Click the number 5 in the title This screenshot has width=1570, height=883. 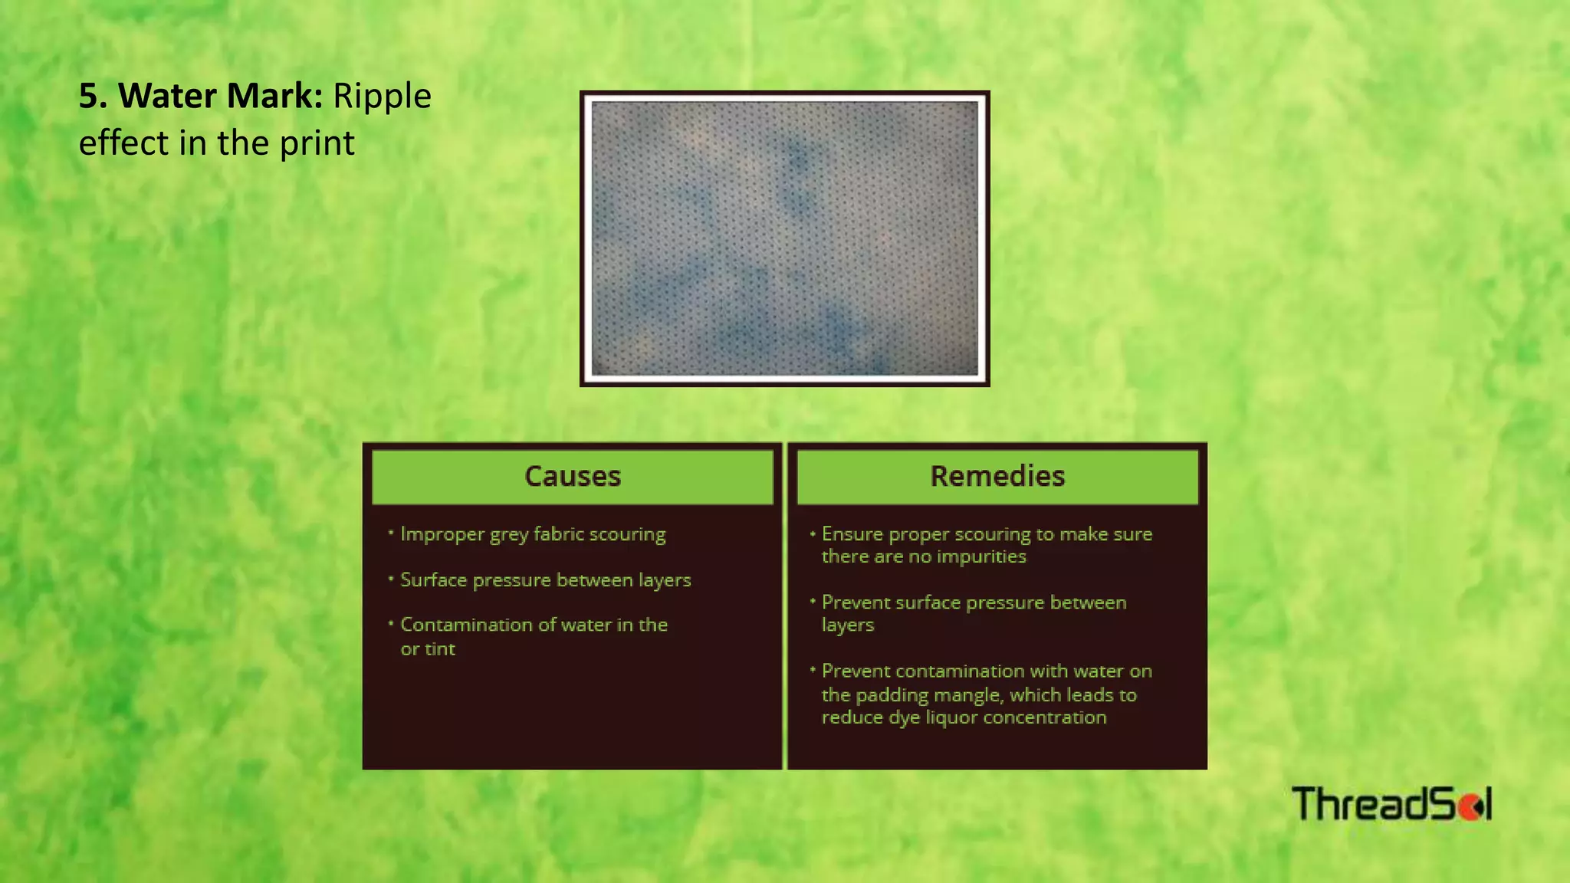(89, 97)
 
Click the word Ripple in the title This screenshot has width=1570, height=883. (382, 97)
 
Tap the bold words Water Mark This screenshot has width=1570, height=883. (221, 97)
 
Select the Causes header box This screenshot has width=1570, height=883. (572, 476)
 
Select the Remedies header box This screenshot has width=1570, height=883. (997, 476)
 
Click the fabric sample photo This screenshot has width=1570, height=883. (784, 238)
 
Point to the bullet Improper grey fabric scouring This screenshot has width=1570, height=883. (533, 534)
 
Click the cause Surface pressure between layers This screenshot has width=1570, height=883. (545, 580)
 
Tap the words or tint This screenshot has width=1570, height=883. (428, 649)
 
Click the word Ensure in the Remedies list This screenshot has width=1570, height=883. (852, 534)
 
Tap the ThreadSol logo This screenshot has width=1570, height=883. (1391, 804)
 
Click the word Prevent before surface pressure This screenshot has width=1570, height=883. (856, 602)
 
